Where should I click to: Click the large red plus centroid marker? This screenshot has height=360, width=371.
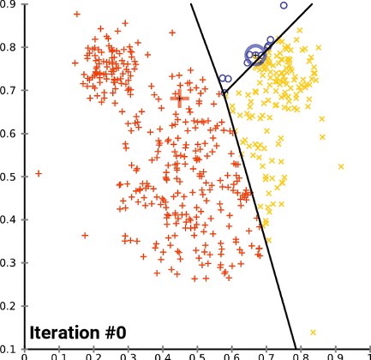(179, 99)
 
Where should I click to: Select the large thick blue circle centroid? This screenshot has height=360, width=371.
(256, 56)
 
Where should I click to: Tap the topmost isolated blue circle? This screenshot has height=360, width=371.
(284, 5)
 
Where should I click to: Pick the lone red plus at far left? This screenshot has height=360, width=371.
(39, 173)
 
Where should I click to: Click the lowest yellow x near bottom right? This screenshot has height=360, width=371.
(313, 332)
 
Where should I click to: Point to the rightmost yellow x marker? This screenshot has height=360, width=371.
(341, 166)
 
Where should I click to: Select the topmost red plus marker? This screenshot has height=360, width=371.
(77, 15)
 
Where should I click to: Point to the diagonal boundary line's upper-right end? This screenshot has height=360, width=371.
(312, 4)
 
